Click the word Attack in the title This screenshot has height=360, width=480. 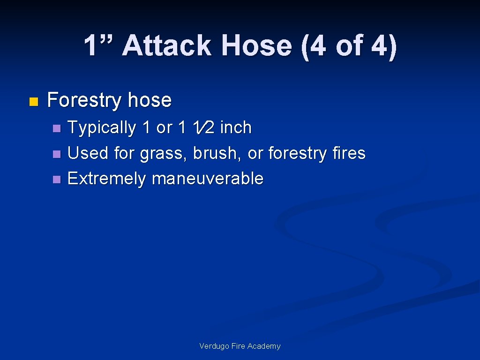point(167,46)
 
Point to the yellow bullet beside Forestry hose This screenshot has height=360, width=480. point(32,101)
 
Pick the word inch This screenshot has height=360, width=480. point(236,127)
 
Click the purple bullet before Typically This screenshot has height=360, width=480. point(56,128)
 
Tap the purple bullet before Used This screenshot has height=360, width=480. point(56,154)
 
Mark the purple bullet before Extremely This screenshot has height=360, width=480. point(56,179)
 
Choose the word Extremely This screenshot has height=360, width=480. point(106,179)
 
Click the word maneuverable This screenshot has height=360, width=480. point(208,179)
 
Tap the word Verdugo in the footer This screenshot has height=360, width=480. point(213,346)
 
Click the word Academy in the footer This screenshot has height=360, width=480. point(264,346)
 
